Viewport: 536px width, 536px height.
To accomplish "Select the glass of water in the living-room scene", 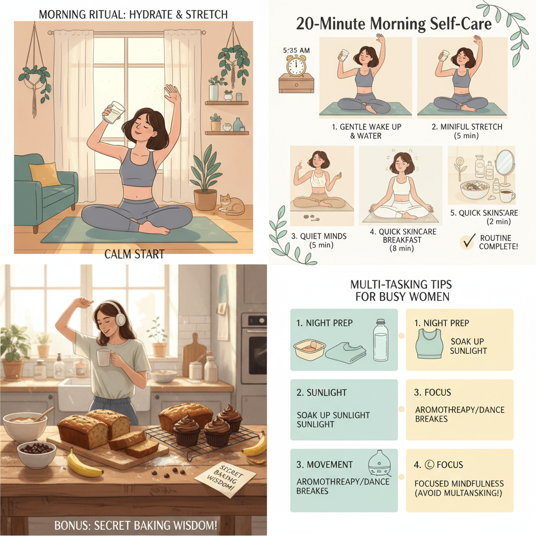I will click(114, 111).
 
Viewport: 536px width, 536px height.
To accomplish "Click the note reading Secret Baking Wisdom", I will click(225, 474).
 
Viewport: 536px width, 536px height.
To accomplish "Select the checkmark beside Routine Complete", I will click(466, 241).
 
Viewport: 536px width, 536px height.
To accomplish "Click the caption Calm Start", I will click(134, 254).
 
